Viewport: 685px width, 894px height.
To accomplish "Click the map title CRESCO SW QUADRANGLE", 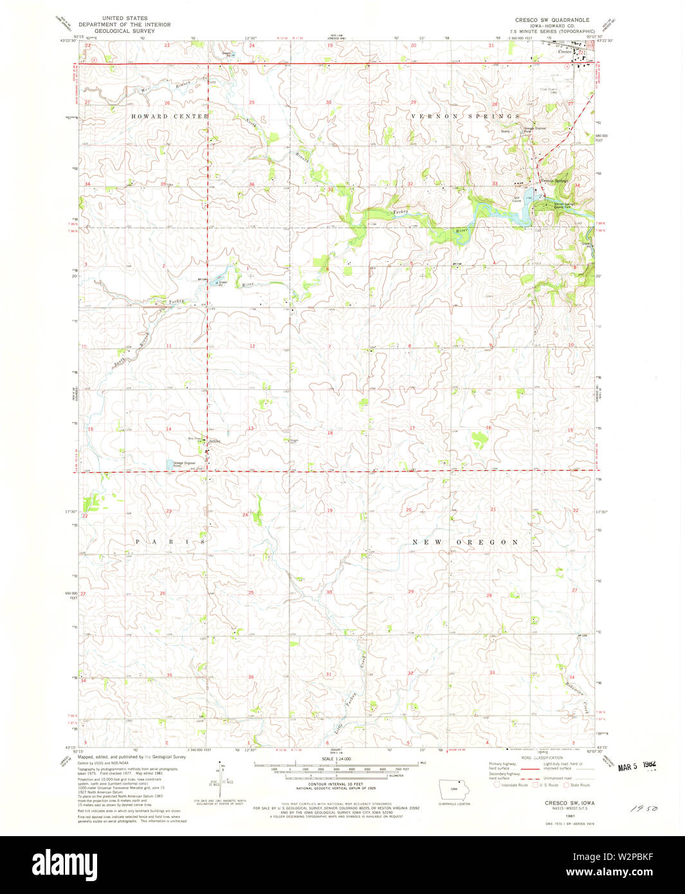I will point(552,20).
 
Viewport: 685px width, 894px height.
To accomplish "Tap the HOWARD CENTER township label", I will point(170,116).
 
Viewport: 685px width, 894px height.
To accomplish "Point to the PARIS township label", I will point(170,542).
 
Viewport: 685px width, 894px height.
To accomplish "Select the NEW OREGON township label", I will point(464,542).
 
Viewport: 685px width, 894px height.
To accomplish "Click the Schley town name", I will point(215,441).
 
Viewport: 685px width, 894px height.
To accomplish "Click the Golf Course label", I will point(516,200).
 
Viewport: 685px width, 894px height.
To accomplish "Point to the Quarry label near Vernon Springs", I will point(506,131).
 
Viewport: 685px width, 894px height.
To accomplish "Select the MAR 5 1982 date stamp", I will point(637,766).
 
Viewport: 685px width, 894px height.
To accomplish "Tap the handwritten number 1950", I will point(644,806).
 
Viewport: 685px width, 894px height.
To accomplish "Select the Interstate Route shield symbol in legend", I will point(497,785).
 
